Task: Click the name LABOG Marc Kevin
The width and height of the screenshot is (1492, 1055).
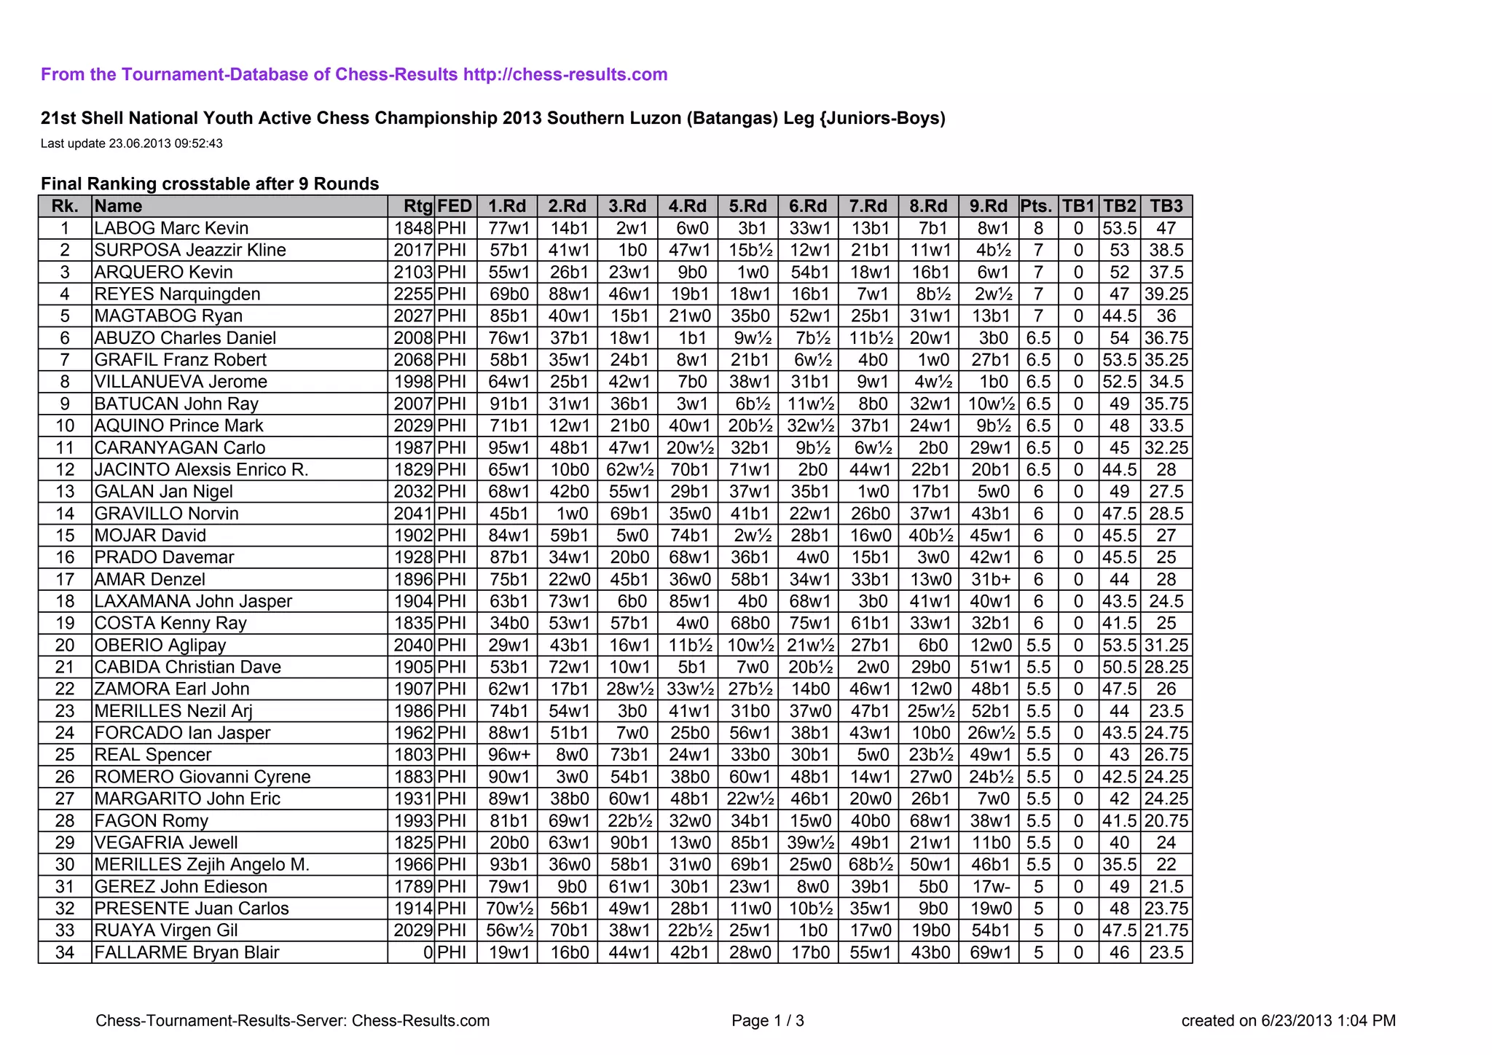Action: point(172,228)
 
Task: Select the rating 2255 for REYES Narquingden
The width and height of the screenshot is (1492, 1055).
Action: point(413,294)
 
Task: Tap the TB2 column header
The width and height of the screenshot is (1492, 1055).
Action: point(1119,206)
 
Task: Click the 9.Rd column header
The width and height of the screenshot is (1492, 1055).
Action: point(989,206)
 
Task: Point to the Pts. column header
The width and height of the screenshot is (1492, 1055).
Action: point(1037,206)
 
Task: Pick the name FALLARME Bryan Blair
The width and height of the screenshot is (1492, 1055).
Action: point(186,952)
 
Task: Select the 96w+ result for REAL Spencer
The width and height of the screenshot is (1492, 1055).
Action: point(508,755)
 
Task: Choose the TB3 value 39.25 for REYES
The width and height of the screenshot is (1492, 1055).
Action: point(1166,294)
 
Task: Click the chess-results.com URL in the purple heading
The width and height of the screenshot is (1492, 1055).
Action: point(565,74)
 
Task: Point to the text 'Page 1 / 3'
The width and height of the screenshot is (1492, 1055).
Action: point(768,1021)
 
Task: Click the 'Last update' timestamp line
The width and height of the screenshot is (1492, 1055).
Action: point(132,144)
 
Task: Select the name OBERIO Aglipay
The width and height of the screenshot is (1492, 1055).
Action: point(160,646)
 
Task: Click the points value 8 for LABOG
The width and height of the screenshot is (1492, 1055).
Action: point(1038,228)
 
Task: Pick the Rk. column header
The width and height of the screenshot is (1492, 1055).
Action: point(65,206)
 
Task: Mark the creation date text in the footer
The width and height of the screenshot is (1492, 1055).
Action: point(1288,1021)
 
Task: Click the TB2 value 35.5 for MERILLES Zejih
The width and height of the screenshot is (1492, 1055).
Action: point(1119,865)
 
